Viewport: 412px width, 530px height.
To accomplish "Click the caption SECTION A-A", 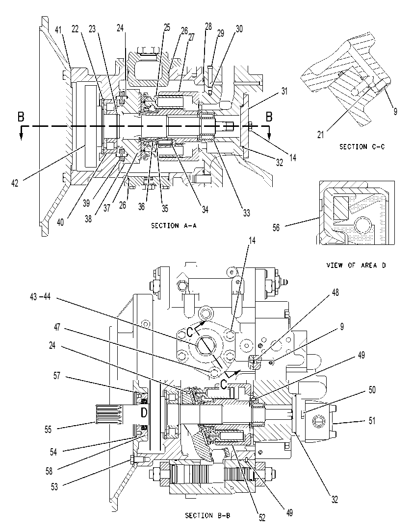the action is point(174,225).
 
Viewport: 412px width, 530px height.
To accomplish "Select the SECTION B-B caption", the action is point(208,515).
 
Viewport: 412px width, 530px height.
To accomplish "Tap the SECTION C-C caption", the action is point(362,146).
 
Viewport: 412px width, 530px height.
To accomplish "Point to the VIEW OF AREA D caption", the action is point(356,265).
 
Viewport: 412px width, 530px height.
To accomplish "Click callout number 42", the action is point(15,183).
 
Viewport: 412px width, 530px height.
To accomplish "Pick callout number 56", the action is point(276,227).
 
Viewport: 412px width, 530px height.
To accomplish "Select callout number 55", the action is point(48,429).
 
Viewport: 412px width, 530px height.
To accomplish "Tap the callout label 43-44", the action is point(40,297).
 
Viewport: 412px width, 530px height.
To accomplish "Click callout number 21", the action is point(320,135).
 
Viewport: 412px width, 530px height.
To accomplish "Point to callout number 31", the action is point(284,91).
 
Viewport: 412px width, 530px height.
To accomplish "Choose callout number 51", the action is point(372,420).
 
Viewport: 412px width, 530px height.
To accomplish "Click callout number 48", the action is point(335,292).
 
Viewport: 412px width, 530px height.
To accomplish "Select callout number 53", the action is point(54,486).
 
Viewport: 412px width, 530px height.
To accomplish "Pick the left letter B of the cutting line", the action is point(21,117).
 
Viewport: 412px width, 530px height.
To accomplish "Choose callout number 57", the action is point(56,376).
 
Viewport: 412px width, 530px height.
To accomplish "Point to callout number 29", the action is point(220,33).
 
